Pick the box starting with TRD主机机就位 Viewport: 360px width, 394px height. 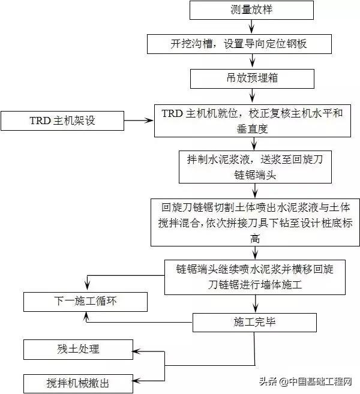pos(252,121)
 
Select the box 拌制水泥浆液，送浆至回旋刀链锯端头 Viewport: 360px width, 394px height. pos(256,167)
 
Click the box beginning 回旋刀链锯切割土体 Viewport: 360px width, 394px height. pos(256,222)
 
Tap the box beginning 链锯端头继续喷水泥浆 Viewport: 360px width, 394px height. pos(254,277)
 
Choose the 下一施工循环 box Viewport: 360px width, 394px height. pos(86,301)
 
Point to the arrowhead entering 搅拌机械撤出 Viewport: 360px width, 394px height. pos(136,381)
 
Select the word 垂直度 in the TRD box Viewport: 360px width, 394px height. pos(252,128)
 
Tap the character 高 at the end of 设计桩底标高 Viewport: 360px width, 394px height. pos(256,239)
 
